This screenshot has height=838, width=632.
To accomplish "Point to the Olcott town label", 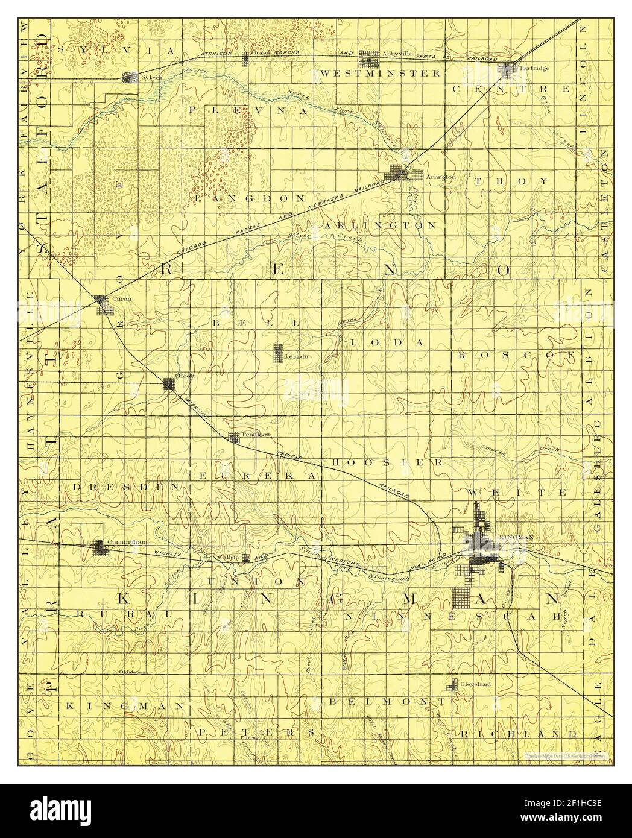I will click(x=183, y=375).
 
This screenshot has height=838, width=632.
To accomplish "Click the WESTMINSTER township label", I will click(x=381, y=74).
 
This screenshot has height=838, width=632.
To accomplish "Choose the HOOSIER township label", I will click(x=387, y=462).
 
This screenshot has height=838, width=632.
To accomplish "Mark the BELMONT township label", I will click(x=386, y=702).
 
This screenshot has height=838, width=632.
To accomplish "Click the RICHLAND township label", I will click(x=517, y=734).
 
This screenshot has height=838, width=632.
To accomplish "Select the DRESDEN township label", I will click(x=125, y=485).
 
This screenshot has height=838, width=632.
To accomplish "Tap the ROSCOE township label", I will click(x=516, y=356).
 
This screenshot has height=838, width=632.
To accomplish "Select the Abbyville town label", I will click(x=396, y=54).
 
